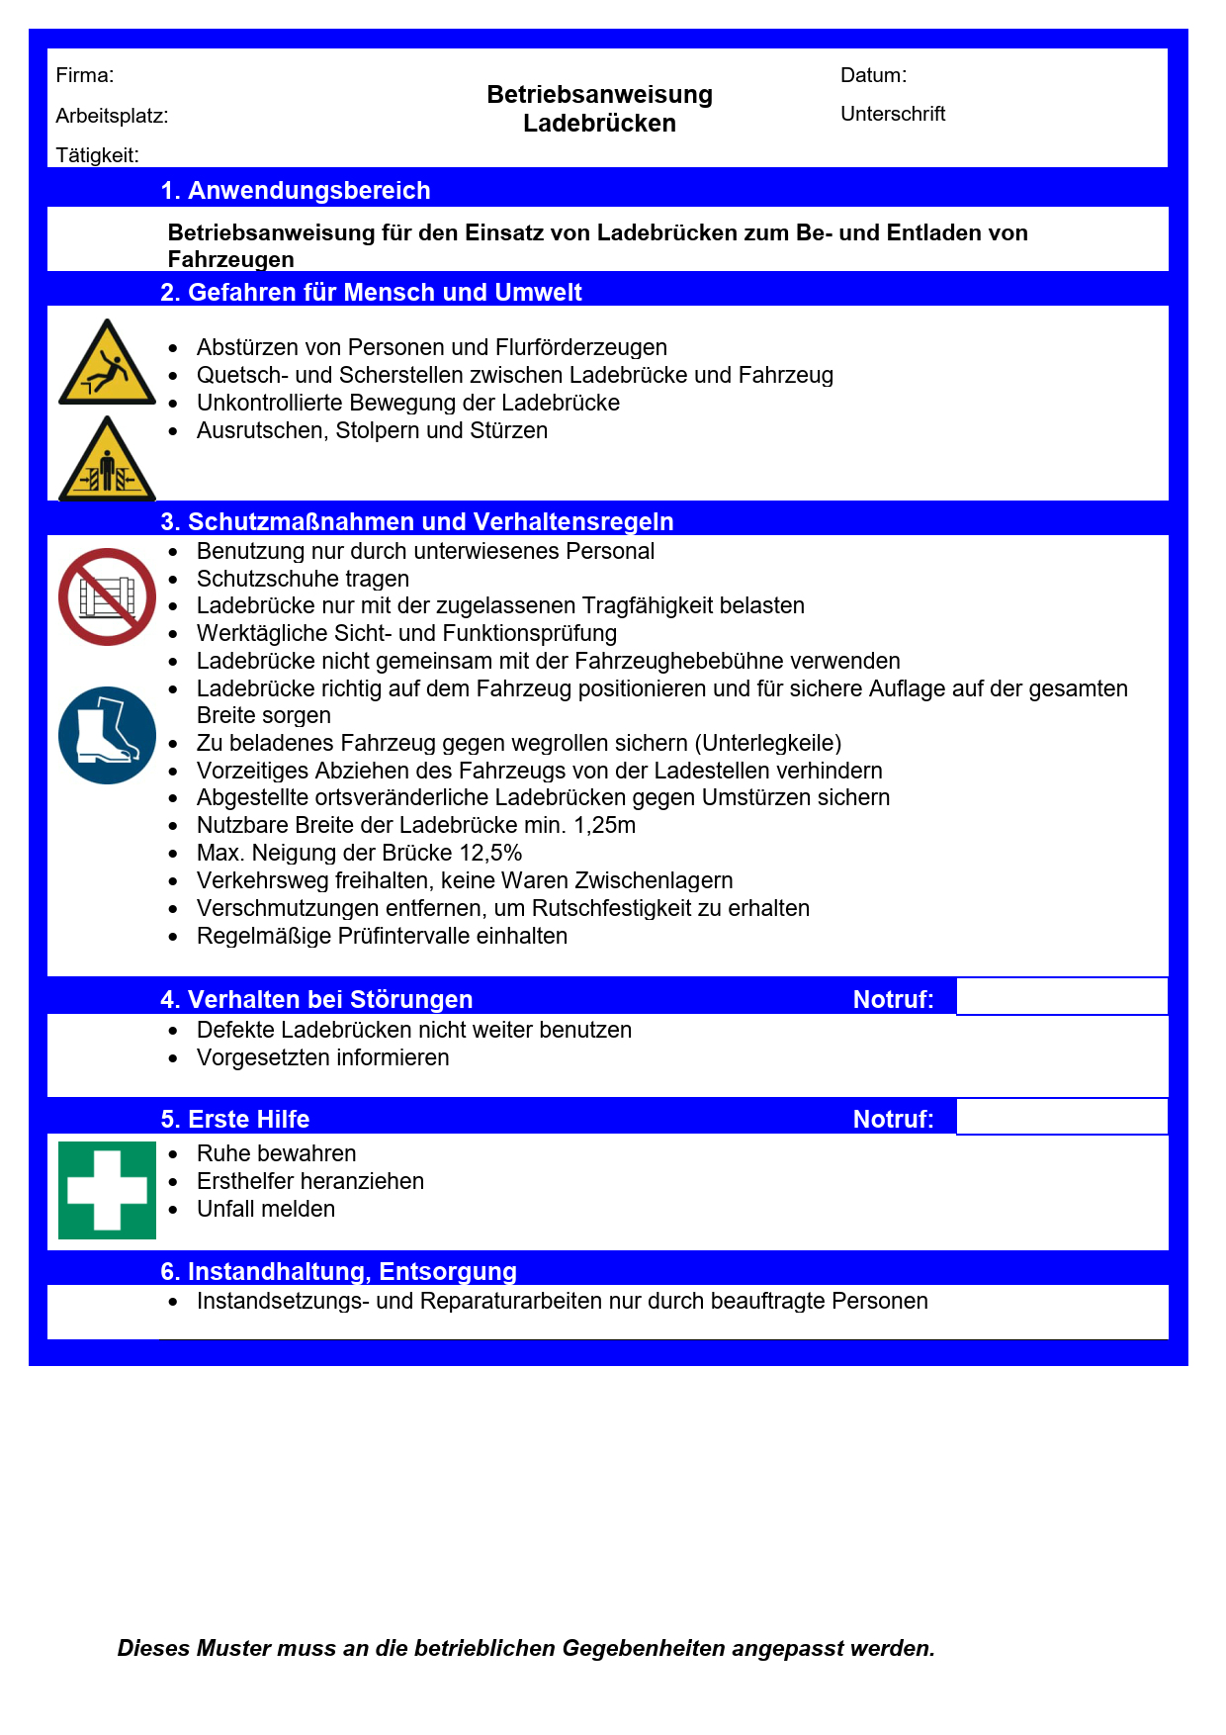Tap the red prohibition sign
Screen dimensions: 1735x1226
107,597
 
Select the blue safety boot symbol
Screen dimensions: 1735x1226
107,736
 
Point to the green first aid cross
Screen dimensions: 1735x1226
107,1190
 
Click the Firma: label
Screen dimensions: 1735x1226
85,75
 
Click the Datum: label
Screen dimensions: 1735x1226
873,75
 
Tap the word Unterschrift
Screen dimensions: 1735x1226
893,114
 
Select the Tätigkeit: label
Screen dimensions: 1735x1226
97,155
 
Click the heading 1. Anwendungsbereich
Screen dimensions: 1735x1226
296,190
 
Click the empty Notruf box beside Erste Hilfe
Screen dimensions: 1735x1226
1062,1117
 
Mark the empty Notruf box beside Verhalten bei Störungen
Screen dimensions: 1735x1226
1062,996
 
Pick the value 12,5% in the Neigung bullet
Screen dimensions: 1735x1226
490,853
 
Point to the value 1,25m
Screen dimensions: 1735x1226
604,825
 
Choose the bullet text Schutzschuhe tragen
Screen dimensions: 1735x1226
303,579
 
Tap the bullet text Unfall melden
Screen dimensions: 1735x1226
266,1209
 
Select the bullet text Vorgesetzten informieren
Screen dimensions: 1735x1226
322,1057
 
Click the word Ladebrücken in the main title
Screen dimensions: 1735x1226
599,124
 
